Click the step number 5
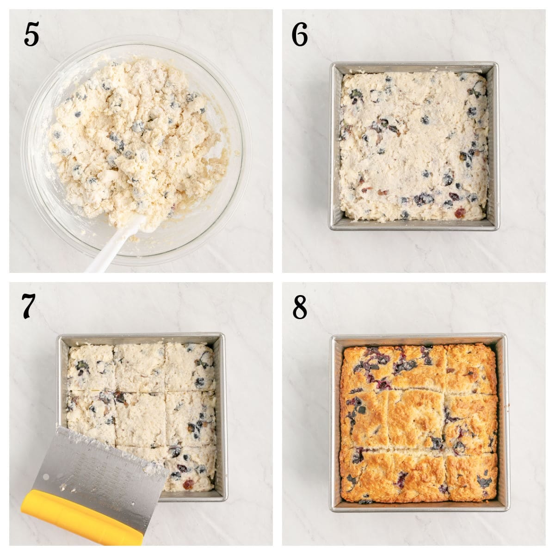coord(31,35)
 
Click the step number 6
coord(300,35)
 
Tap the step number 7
coord(29,306)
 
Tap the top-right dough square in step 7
coord(190,365)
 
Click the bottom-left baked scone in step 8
coord(365,474)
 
